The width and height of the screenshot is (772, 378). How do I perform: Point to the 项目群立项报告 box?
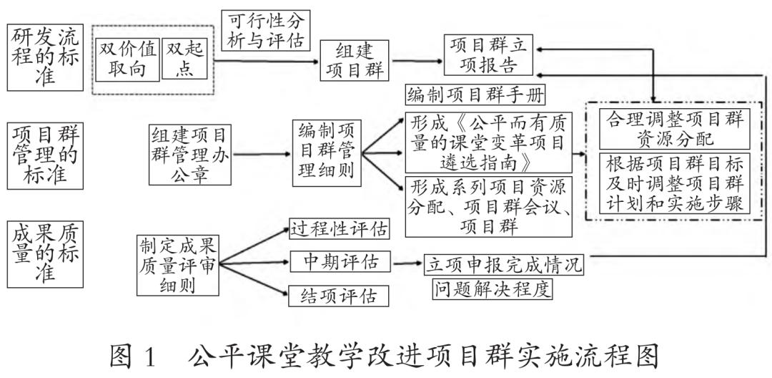489,55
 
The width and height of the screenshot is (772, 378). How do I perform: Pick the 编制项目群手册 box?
474,94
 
